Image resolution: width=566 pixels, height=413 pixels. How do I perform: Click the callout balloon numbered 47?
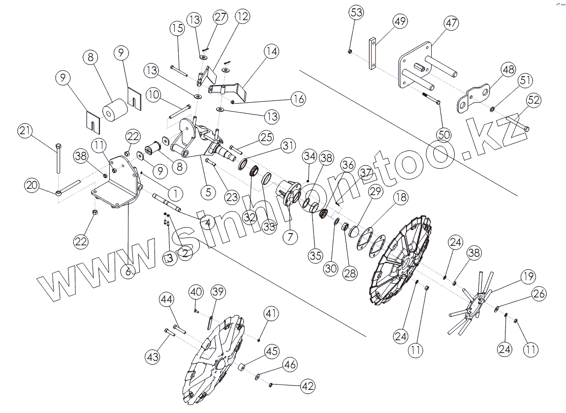(451, 23)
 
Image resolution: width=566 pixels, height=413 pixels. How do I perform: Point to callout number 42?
(308, 386)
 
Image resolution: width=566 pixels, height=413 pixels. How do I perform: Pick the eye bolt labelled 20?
(69, 187)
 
